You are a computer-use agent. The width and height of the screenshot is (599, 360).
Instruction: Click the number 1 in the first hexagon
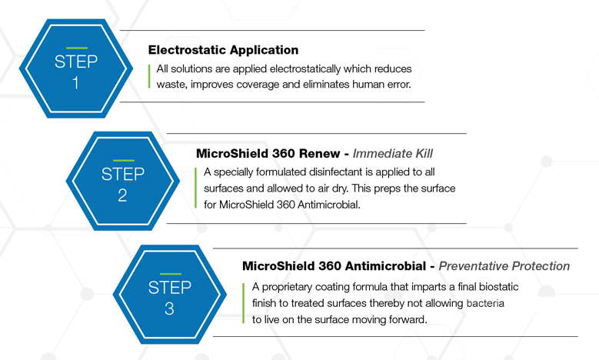pos(75,82)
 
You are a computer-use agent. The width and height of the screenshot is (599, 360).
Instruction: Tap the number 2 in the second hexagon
pos(122,195)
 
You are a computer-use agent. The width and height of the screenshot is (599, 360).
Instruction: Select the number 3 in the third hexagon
pos(169,308)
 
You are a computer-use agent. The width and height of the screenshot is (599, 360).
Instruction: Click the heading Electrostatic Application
pos(223,50)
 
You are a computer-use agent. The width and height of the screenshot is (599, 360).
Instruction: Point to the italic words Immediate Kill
pos(392,154)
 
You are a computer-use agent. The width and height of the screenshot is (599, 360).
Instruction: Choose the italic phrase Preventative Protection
pos(504,266)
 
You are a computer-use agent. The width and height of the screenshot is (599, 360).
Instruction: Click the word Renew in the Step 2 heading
pos(319,154)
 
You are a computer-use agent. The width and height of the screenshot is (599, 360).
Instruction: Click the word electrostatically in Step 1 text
pos(304,68)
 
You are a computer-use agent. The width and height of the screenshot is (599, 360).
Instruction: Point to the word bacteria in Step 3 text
pos(485,303)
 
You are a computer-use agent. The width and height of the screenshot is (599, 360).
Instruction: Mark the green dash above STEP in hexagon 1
pos(77,48)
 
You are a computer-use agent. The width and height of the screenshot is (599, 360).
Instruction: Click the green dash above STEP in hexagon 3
pos(171,274)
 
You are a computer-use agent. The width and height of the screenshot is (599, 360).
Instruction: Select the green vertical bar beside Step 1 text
pos(149,76)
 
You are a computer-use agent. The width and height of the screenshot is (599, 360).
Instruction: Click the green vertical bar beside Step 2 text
pos(195,188)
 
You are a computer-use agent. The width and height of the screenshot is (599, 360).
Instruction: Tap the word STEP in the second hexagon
pos(122,174)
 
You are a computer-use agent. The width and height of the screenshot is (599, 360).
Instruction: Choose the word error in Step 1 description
pos(399,85)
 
